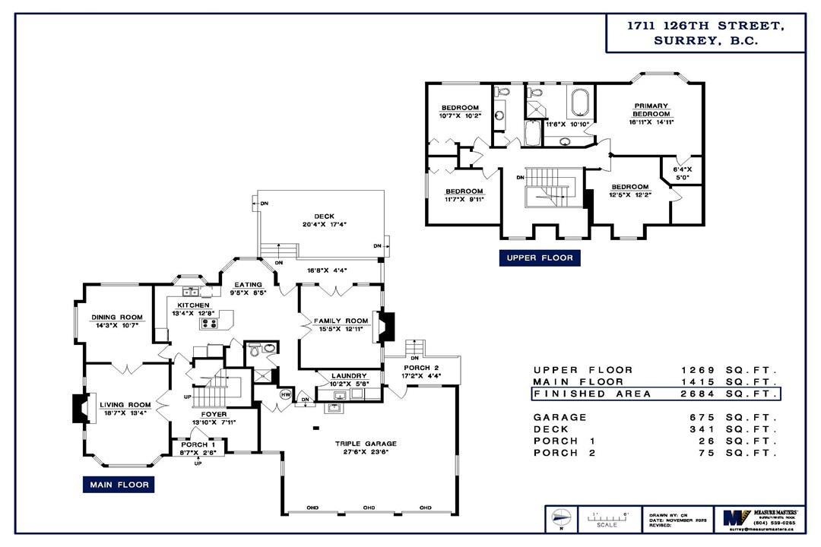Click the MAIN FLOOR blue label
click(x=118, y=484)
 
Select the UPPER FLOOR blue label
click(x=540, y=258)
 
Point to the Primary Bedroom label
click(x=648, y=110)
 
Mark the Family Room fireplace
click(x=386, y=327)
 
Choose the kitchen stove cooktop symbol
click(x=209, y=324)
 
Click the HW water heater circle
click(x=286, y=395)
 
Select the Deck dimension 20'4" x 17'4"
click(x=325, y=224)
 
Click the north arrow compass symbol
click(x=559, y=518)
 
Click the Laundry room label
click(x=350, y=375)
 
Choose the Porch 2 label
click(x=420, y=368)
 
